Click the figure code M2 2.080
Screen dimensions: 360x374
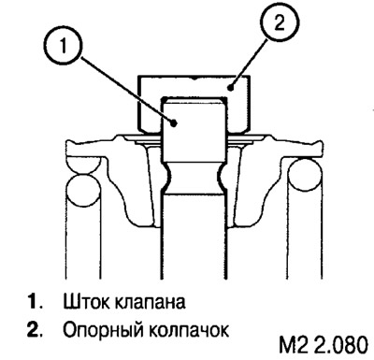click(323, 340)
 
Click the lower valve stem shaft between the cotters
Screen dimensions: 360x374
click(194, 224)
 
